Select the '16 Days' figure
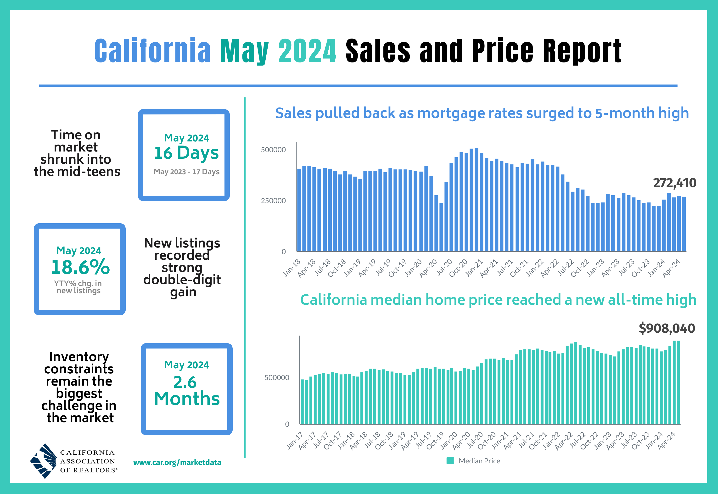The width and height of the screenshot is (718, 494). pyautogui.click(x=186, y=153)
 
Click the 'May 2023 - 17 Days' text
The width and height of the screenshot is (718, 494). pyautogui.click(x=186, y=172)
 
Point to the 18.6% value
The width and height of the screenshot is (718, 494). pyautogui.click(x=80, y=267)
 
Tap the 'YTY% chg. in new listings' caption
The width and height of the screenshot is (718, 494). pyautogui.click(x=78, y=287)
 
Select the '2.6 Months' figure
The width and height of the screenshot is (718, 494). pyautogui.click(x=187, y=391)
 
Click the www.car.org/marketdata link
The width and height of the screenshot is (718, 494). pyautogui.click(x=177, y=462)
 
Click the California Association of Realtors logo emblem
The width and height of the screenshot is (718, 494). pyautogui.click(x=44, y=461)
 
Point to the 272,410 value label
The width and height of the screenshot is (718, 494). pyautogui.click(x=674, y=183)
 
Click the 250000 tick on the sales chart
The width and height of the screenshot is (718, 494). pyautogui.click(x=273, y=201)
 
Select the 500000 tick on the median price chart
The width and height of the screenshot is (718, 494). pyautogui.click(x=277, y=378)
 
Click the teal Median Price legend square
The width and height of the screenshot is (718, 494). pyautogui.click(x=450, y=460)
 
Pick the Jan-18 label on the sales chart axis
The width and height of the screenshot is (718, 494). pyautogui.click(x=292, y=268)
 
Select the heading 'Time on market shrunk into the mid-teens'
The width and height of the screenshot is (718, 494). pyautogui.click(x=77, y=153)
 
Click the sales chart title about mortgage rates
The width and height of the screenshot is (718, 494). pyautogui.click(x=482, y=113)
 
